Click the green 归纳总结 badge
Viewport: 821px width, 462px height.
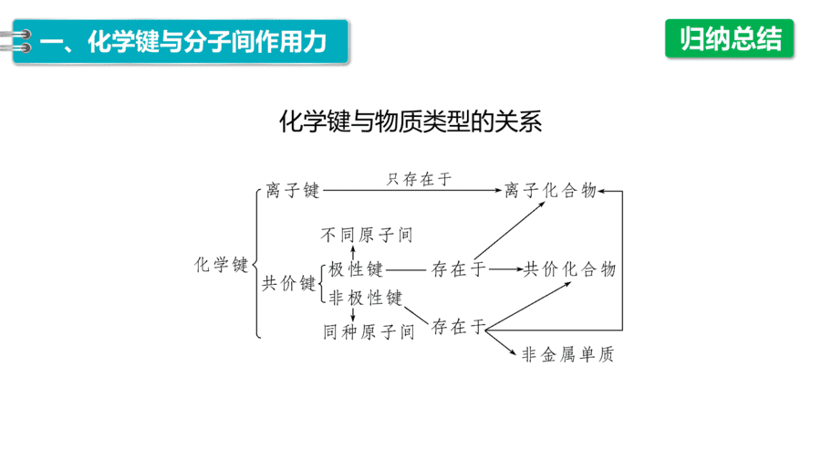(x=730, y=38)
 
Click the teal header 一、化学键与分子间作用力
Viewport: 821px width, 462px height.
(x=181, y=42)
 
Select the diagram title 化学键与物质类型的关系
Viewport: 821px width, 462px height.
(x=410, y=121)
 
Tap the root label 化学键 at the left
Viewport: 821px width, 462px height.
(x=221, y=265)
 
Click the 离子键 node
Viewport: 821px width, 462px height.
(x=292, y=190)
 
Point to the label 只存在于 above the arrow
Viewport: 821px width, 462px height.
(x=419, y=179)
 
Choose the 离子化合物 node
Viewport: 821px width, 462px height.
(x=550, y=190)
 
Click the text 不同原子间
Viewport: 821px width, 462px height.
(x=367, y=235)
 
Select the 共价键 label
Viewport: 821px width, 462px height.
(x=288, y=283)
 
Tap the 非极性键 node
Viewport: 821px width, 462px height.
(x=366, y=298)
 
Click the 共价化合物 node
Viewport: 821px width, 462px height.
(x=569, y=269)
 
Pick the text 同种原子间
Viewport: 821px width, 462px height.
(x=369, y=331)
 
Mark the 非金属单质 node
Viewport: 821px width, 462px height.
(x=567, y=354)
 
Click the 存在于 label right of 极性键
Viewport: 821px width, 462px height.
(x=459, y=269)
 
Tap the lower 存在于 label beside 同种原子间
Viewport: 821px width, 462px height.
(x=459, y=327)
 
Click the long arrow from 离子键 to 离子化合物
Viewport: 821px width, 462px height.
(x=412, y=191)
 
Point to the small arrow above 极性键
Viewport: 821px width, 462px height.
(x=353, y=253)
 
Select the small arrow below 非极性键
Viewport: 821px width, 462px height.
(x=353, y=315)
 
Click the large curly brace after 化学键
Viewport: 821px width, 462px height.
(x=256, y=264)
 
